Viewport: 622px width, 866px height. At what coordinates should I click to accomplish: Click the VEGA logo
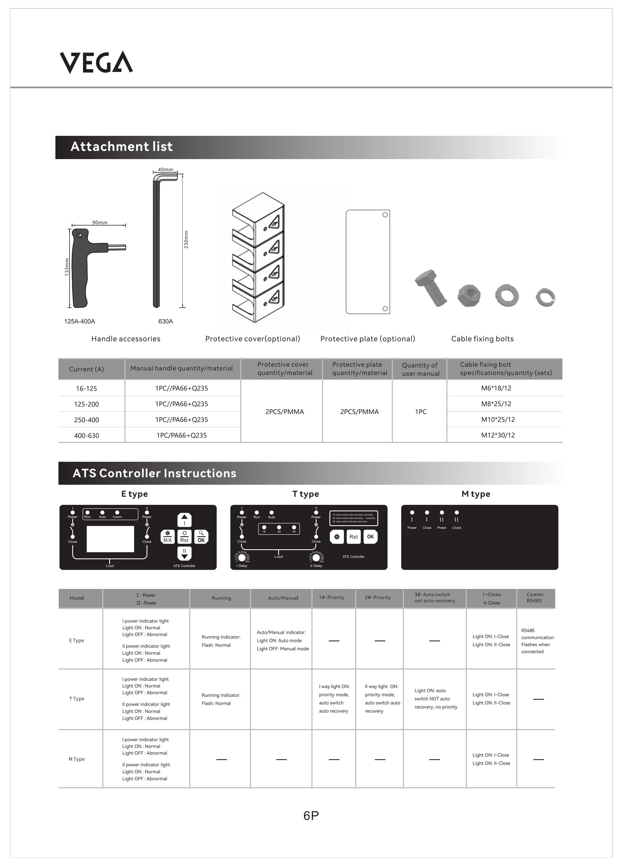pos(96,62)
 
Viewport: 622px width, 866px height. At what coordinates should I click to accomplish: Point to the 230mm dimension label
pos(186,239)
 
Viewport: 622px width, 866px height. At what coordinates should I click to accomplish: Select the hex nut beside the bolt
pos(469,295)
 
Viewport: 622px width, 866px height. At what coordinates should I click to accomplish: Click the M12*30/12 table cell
pos(498,435)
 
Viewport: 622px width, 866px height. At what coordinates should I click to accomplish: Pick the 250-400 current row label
pos(86,420)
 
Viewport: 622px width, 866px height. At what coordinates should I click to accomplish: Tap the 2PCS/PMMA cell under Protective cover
pos(285,412)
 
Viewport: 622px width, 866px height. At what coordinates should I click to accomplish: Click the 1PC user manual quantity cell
pos(421,412)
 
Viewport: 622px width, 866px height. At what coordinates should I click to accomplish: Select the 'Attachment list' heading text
pos(122,147)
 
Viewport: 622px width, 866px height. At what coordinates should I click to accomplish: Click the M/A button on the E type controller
pos(167,536)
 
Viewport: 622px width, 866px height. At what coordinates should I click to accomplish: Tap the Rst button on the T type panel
pos(354,537)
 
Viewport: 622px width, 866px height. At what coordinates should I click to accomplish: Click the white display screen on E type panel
pos(110,539)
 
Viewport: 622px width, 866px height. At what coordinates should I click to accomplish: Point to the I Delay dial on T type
pos(242,558)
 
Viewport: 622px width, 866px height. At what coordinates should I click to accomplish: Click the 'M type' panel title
pos(476,494)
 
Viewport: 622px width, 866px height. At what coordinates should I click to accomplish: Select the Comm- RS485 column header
pos(535,598)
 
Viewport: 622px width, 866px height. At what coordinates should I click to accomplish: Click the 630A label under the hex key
pos(165,321)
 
